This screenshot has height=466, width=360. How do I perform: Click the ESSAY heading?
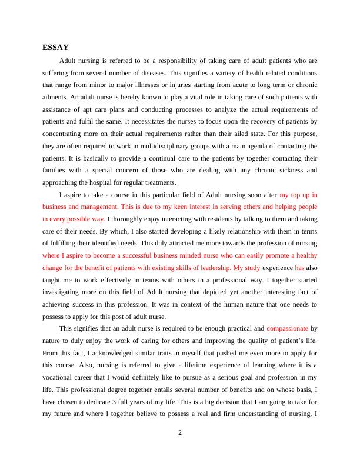click(56, 48)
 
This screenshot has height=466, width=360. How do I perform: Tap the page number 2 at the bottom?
click(180, 433)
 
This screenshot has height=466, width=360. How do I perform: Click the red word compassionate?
click(287, 328)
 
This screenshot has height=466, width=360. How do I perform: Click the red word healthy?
click(305, 255)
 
